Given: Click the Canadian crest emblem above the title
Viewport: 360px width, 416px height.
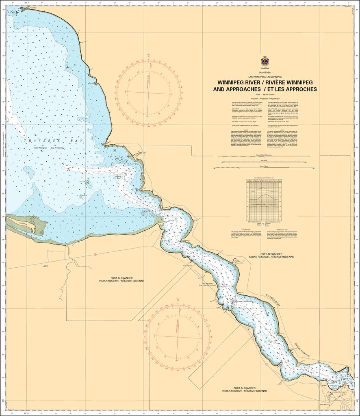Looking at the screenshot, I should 265,61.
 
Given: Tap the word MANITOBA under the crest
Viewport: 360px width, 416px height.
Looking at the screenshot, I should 265,72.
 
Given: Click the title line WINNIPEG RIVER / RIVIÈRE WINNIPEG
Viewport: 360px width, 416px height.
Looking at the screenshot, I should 265,82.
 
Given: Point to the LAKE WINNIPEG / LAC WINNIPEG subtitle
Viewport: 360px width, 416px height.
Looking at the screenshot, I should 265,76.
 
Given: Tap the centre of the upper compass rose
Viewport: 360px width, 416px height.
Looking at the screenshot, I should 149,93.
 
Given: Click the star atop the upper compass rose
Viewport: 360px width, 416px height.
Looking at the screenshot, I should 149,55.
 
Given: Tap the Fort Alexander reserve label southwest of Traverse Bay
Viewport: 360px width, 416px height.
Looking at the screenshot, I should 121,279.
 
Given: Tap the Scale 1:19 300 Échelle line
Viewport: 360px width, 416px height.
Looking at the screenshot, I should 265,94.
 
